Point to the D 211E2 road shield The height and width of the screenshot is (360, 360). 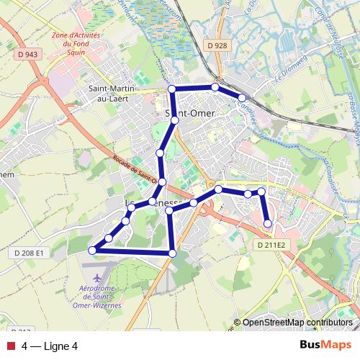click(271, 245)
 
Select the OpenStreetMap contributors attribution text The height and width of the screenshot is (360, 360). click(297, 323)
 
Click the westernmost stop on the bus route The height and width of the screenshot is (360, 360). click(91, 250)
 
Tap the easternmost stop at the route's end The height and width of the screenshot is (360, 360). click(268, 224)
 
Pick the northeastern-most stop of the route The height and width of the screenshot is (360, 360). click(242, 97)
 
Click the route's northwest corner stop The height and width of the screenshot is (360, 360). click(172, 89)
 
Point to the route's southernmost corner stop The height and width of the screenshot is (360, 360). click(172, 253)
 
